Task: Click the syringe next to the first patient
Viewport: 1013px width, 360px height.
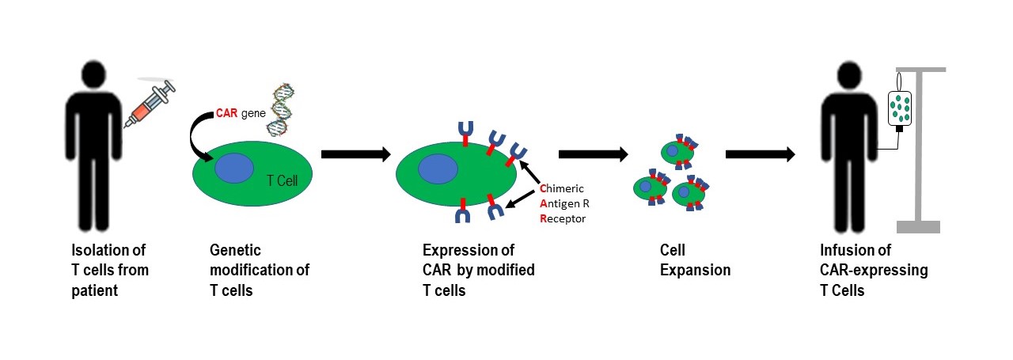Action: [x=150, y=104]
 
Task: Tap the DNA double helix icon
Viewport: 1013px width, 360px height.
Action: [x=284, y=103]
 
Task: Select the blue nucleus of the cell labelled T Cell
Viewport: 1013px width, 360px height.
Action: [x=235, y=169]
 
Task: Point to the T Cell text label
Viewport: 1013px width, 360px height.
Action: [x=283, y=181]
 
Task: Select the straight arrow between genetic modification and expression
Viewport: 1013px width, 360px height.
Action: [x=356, y=153]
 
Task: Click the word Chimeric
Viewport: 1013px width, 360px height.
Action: [x=563, y=188]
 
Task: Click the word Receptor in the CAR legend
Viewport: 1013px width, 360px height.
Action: [x=563, y=218]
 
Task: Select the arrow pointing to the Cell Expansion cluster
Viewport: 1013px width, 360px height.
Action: [x=594, y=153]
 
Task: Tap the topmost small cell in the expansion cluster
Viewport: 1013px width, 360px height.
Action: [x=677, y=150]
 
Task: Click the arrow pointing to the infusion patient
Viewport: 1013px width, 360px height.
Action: [x=761, y=153]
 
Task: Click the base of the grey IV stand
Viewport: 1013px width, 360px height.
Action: [x=918, y=227]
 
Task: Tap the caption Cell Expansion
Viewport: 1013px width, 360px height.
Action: [x=695, y=260]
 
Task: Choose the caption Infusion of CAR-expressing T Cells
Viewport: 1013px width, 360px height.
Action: [x=874, y=271]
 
